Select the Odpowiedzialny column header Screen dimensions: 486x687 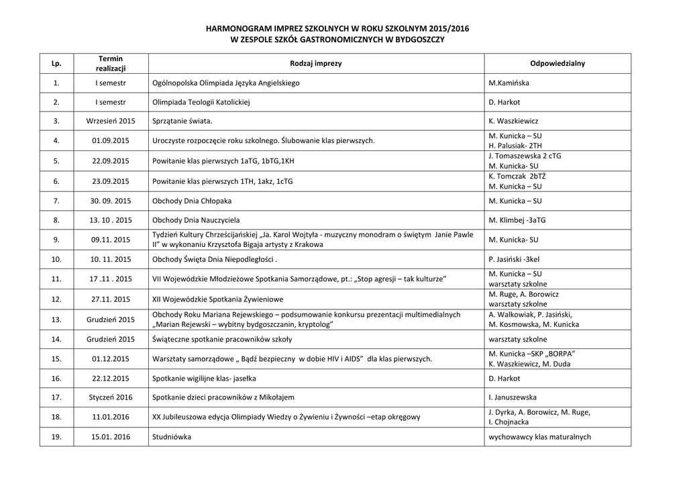(x=557, y=63)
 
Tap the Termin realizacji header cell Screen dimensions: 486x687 (x=111, y=63)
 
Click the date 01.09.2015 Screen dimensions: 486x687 (x=111, y=140)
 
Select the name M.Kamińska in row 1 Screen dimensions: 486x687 (x=510, y=83)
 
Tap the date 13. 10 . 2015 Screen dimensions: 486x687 (x=111, y=220)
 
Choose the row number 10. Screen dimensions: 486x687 (x=56, y=258)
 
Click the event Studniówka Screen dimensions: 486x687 (x=172, y=437)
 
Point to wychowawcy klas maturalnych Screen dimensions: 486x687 (x=539, y=437)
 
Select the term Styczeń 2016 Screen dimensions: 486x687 (x=111, y=397)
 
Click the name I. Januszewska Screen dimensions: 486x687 (x=513, y=397)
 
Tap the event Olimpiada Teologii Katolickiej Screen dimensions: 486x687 (x=201, y=102)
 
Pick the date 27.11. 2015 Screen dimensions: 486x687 (x=111, y=299)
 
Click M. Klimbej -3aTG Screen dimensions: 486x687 (x=517, y=220)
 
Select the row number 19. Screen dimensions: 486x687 (x=56, y=437)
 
